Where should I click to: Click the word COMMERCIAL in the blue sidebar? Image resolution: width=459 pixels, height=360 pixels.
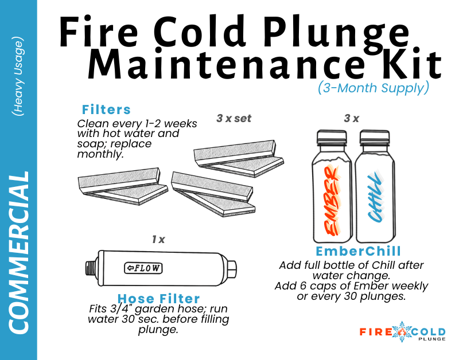tap(19, 252)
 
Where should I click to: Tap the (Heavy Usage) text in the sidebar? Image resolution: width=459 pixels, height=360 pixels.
tap(18, 76)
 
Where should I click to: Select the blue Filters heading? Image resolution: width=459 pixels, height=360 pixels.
tap(106, 109)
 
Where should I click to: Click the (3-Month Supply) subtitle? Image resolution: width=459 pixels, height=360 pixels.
tap(374, 88)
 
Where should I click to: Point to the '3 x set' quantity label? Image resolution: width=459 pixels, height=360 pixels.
tap(234, 119)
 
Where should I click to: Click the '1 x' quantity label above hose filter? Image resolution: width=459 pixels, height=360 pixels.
tap(158, 240)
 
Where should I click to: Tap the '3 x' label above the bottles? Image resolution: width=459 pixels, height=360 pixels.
tap(352, 119)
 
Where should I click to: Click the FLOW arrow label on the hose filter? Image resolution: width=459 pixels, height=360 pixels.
tap(143, 268)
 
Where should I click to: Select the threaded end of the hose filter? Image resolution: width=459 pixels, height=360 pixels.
tap(91, 268)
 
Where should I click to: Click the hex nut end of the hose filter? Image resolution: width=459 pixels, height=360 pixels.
tap(232, 269)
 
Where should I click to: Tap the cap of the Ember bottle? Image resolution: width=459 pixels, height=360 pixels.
tap(332, 138)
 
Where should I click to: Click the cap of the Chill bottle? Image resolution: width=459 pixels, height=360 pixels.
tap(375, 138)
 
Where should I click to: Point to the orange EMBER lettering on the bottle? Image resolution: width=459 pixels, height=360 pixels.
tap(332, 200)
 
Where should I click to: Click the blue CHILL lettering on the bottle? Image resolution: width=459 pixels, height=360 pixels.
tap(375, 197)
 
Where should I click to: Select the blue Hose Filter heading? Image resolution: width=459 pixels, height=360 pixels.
tap(159, 299)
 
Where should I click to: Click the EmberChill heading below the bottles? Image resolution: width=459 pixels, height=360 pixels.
tap(358, 251)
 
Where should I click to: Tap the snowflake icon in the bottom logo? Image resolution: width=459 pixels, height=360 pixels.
tap(402, 332)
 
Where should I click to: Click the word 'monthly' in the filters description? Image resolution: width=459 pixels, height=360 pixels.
tap(100, 154)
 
